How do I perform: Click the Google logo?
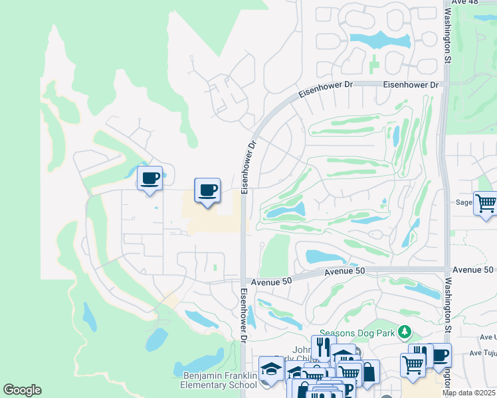tap(23, 390)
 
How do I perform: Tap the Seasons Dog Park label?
tap(357, 332)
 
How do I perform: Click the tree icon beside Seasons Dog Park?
tap(403, 331)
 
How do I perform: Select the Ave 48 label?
tap(464, 3)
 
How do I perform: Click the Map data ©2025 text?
tap(469, 393)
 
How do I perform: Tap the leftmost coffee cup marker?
tap(149, 178)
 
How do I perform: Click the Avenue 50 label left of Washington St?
tap(345, 271)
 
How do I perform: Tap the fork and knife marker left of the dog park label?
tap(323, 346)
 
